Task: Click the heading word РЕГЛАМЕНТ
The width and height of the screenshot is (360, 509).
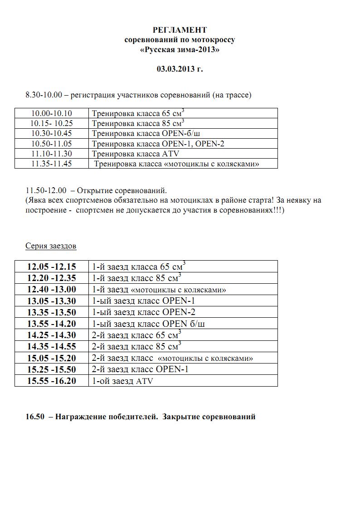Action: [x=180, y=30]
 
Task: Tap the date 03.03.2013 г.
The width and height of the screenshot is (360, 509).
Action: [x=180, y=69]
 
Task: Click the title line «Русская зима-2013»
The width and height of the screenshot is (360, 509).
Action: [x=180, y=50]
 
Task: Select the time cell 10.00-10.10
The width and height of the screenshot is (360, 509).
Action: [x=52, y=113]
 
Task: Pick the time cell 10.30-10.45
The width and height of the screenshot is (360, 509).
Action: [x=52, y=133]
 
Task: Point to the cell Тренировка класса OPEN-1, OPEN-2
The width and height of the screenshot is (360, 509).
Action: [x=158, y=144]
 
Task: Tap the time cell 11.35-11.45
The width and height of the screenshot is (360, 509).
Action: [x=52, y=164]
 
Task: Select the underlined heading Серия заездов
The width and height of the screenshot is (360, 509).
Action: [x=51, y=246]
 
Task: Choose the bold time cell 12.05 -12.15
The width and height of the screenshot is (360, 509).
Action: [x=52, y=267]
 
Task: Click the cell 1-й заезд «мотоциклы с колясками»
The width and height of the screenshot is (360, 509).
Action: [x=159, y=290]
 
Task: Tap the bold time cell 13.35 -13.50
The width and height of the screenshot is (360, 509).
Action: [x=52, y=312]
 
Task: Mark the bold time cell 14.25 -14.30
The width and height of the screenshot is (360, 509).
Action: [x=52, y=335]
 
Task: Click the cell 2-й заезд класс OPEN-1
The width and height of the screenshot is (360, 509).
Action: [x=140, y=369]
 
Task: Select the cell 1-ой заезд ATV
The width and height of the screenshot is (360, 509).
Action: [x=122, y=381]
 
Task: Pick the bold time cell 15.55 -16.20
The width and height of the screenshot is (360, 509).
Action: [x=52, y=381]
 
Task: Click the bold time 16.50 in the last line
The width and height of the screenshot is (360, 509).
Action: [x=35, y=417]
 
